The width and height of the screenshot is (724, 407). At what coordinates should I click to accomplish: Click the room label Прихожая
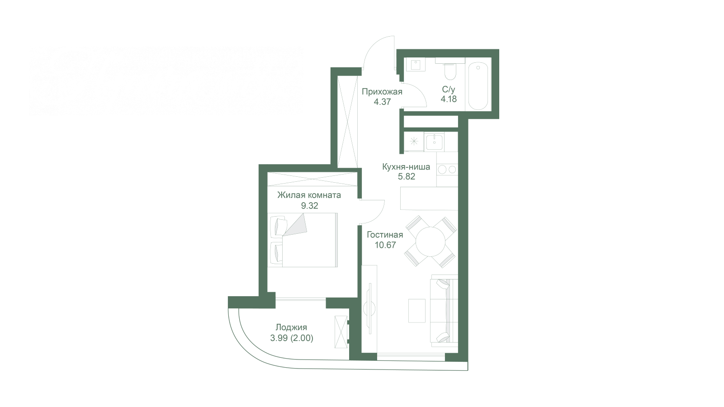[382, 92]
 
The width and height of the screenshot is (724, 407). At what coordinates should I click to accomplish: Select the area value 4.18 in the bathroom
[449, 99]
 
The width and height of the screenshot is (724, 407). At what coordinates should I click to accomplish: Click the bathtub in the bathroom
[478, 86]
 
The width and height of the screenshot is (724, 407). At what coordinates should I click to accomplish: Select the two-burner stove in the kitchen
[447, 169]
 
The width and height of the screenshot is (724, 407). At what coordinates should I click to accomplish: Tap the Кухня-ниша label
[406, 167]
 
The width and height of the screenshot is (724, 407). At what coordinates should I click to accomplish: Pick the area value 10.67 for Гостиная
[385, 245]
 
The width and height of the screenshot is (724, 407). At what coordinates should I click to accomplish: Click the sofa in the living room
[444, 311]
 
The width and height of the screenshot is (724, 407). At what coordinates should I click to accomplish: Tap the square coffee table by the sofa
[416, 311]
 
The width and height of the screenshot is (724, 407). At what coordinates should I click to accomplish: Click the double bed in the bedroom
[303, 240]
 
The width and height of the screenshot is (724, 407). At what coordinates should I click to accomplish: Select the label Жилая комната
[309, 195]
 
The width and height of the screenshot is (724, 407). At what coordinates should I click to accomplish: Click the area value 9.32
[310, 206]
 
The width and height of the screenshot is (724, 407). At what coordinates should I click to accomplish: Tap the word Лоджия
[292, 327]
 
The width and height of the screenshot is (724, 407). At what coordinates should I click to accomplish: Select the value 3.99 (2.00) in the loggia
[292, 338]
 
